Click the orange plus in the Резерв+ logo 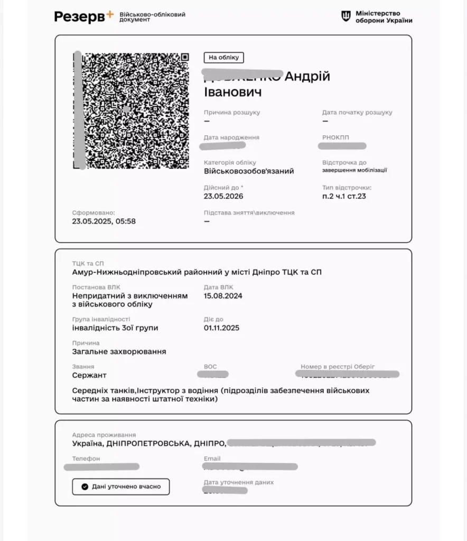coord(109,14)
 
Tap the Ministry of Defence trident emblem coord(346,16)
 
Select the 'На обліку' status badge coord(223,58)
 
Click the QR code coord(132,110)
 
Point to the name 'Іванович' coord(232,92)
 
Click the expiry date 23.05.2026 coord(223,196)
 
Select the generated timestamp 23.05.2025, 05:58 coord(104,221)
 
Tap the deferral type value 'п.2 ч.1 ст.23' coord(344,196)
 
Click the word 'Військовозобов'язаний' coord(249,171)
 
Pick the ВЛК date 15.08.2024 coord(223,296)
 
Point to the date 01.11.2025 coord(221,328)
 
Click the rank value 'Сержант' coord(89,375)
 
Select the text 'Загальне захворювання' coord(119,351)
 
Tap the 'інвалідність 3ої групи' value coord(115,328)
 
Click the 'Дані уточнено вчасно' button coord(120,487)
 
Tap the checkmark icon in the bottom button coord(85,487)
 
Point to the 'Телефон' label coord(86,459)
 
